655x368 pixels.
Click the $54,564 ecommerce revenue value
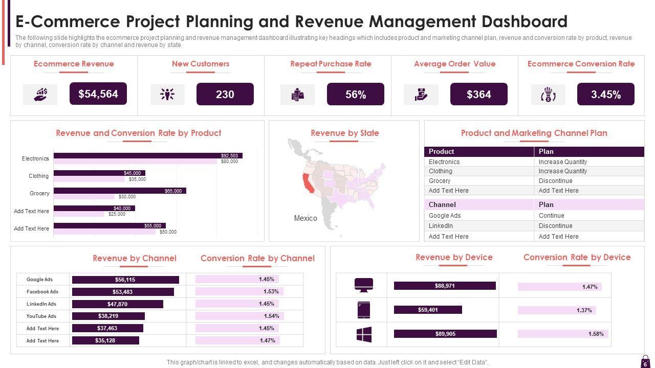(x=98, y=94)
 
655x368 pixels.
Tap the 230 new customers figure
(x=225, y=94)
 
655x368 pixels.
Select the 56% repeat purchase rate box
(x=355, y=95)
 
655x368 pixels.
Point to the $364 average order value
(x=478, y=95)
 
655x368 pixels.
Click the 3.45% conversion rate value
(x=605, y=95)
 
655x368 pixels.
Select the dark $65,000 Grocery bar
(x=120, y=191)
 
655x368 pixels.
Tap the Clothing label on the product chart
(x=38, y=176)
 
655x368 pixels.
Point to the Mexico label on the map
(x=305, y=218)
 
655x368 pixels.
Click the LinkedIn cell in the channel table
(x=441, y=226)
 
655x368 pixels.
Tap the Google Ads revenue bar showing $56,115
(x=125, y=280)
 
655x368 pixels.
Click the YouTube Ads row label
(x=41, y=316)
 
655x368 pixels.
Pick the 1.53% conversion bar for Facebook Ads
(x=239, y=292)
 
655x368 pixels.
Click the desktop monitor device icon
(x=364, y=285)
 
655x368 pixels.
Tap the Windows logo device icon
(x=364, y=335)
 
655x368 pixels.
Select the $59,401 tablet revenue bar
(x=428, y=310)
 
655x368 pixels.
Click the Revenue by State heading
(x=344, y=133)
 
